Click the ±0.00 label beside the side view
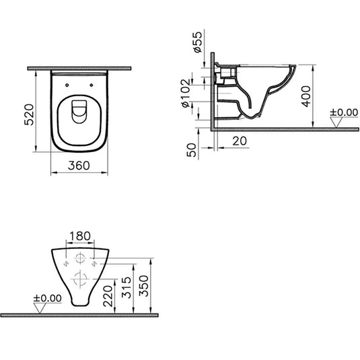(345, 113)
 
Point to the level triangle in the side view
(343, 121)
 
